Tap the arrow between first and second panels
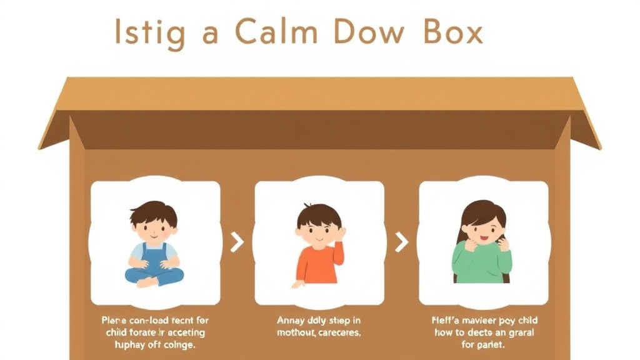pyautogui.click(x=237, y=242)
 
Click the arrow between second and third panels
pyautogui.click(x=401, y=242)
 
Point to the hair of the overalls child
pyautogui.click(x=154, y=212)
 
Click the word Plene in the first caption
pyautogui.click(x=114, y=321)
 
